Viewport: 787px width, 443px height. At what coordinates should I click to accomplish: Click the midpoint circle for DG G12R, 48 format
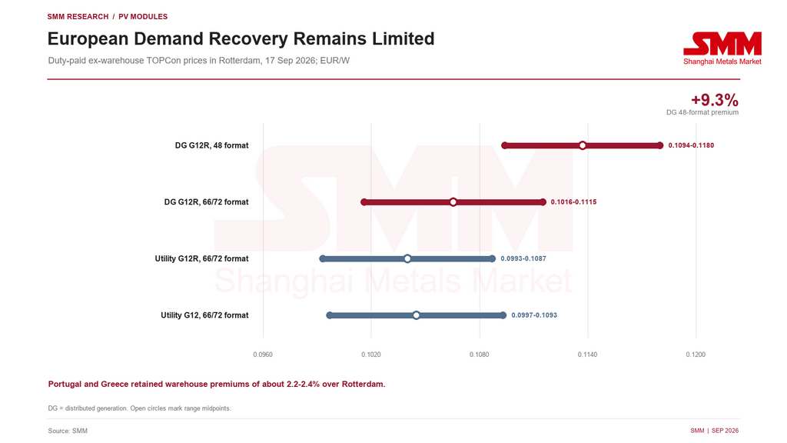(583, 145)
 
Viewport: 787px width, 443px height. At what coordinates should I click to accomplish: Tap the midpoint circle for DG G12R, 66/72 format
(453, 202)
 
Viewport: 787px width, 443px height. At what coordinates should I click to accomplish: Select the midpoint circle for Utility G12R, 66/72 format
(407, 258)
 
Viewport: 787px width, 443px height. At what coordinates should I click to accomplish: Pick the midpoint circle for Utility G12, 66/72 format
(416, 315)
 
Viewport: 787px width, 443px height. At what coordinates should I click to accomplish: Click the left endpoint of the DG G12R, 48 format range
(505, 145)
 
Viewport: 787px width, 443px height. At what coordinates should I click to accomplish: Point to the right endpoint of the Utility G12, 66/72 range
(503, 315)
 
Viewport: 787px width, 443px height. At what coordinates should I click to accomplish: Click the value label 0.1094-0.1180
(691, 145)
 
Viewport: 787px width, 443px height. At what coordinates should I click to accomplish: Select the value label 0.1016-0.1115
(573, 202)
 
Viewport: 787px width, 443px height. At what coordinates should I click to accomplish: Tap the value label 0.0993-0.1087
(523, 258)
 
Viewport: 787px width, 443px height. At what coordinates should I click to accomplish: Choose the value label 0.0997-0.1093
(534, 315)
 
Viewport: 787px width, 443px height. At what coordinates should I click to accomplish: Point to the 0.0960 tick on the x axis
(263, 355)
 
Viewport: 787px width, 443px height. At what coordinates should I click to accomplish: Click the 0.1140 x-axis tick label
(587, 355)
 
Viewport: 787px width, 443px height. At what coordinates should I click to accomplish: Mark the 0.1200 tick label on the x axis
(696, 355)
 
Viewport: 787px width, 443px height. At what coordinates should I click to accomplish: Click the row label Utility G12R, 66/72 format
(202, 258)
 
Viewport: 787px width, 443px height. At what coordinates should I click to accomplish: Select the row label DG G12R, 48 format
(212, 145)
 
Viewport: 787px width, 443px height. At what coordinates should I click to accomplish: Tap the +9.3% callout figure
(715, 99)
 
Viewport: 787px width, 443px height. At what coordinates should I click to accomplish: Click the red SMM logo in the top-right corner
(722, 48)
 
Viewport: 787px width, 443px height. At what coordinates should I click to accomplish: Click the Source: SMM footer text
(68, 431)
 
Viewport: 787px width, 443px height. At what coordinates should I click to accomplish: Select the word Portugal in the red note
(65, 385)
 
